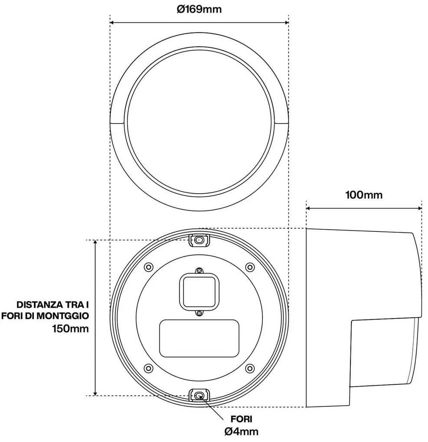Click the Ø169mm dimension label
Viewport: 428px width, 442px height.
[199, 9]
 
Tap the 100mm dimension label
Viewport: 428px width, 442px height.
[364, 195]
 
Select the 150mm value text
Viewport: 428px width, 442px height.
[71, 328]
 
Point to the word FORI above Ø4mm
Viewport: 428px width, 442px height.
[242, 419]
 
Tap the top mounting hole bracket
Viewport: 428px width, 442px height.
[199, 240]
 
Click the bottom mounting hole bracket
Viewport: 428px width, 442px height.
[199, 395]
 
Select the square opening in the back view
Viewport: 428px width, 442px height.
[199, 290]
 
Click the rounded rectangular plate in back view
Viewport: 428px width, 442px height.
[199, 338]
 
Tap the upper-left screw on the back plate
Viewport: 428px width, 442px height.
[148, 266]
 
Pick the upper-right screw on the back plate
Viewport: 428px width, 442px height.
[249, 266]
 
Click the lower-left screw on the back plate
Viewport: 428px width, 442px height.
[148, 368]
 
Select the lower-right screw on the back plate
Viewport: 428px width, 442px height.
[249, 368]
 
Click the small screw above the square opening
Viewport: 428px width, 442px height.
[199, 270]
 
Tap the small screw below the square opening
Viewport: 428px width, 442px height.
[199, 313]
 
